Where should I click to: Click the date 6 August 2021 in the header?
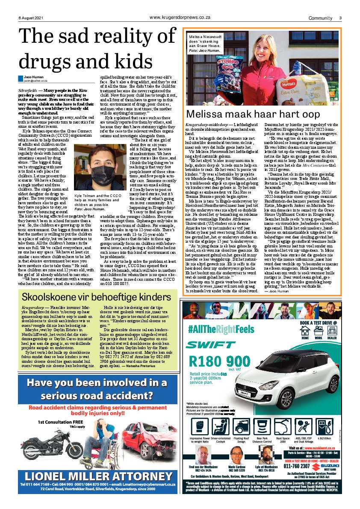(x=30, y=18)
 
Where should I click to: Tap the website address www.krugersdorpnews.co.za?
(x=179, y=18)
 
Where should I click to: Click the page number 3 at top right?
(x=340, y=18)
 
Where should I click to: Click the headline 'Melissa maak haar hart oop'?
(x=253, y=114)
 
